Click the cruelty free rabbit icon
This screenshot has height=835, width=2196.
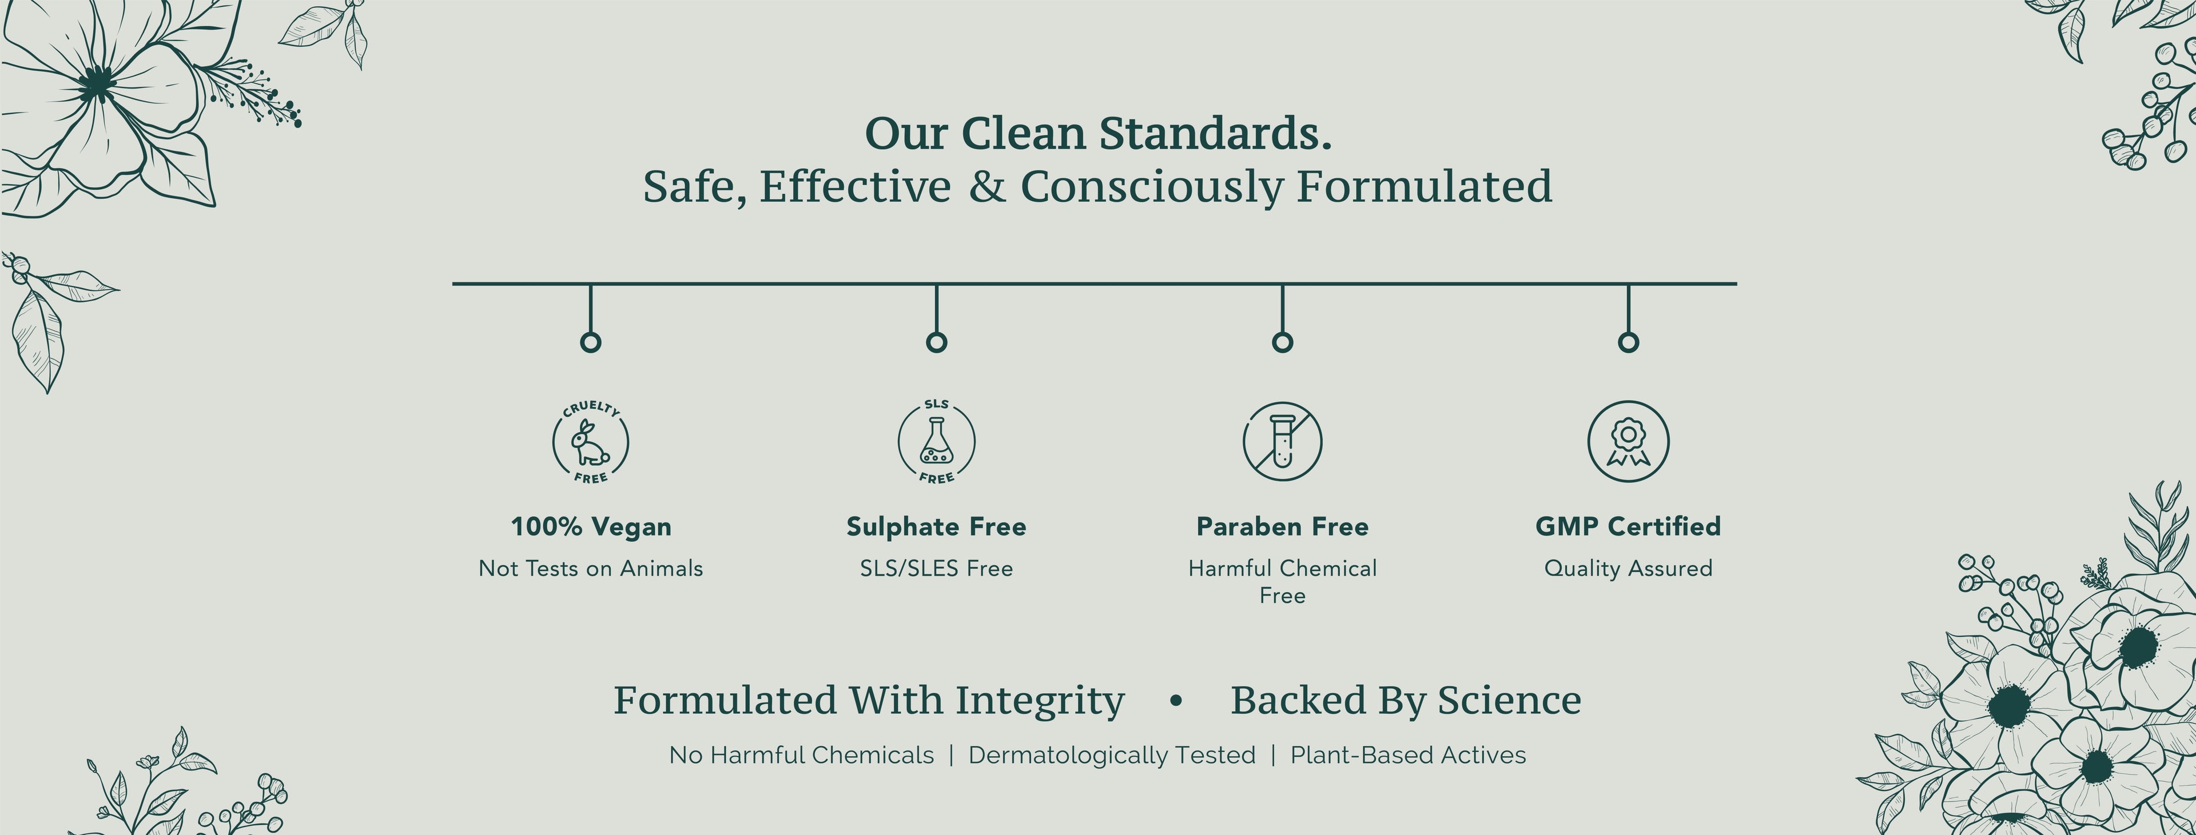[591, 441]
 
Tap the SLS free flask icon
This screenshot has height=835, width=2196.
[936, 441]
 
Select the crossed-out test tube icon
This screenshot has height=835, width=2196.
[1282, 441]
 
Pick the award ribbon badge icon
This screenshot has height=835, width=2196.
[1628, 441]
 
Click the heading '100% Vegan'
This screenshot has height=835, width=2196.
[591, 526]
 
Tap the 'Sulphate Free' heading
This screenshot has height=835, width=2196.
[936, 526]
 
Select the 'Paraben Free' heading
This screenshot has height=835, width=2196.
[1282, 526]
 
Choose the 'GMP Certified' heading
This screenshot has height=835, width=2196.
[1628, 526]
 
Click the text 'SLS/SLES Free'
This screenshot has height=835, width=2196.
[936, 568]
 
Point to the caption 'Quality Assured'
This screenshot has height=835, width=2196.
[1628, 568]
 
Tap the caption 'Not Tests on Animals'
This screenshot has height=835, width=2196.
[591, 568]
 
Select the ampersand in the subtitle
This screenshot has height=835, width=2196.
[987, 186]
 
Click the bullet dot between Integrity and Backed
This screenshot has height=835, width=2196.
[1176, 700]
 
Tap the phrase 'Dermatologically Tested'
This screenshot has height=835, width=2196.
[1112, 755]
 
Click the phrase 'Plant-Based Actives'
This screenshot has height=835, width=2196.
[1409, 755]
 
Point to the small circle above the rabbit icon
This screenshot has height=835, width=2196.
[591, 342]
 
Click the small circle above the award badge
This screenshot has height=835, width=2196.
[1628, 342]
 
